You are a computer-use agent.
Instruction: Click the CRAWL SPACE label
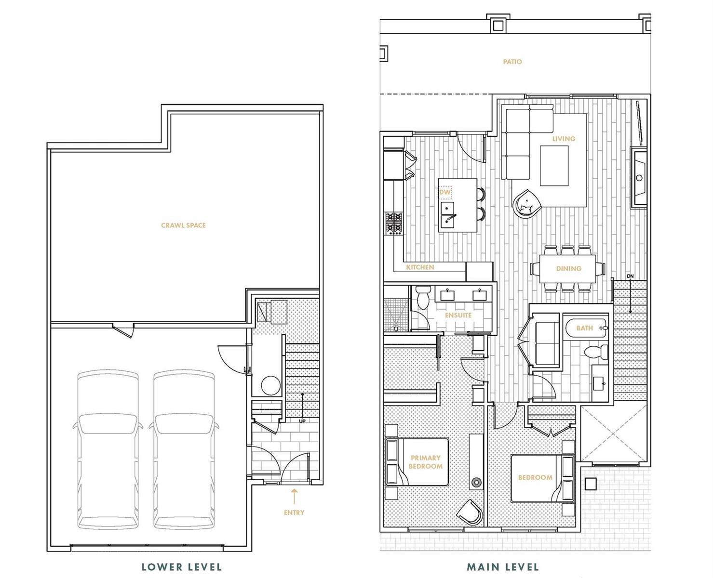point(184,225)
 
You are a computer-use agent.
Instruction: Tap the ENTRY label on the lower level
point(294,512)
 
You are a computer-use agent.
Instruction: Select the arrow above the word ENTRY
point(294,497)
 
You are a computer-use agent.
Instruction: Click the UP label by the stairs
point(302,421)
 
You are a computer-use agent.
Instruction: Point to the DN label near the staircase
point(630,276)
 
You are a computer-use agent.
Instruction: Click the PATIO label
point(512,62)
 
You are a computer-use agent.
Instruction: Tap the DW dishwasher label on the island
point(445,192)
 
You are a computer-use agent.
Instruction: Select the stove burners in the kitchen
point(394,223)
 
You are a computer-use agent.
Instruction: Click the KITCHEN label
point(420,267)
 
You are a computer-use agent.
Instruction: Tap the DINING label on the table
point(568,269)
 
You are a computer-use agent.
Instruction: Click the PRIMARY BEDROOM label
point(426,462)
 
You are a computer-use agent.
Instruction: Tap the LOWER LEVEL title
point(181,558)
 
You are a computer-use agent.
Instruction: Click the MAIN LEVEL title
point(503,558)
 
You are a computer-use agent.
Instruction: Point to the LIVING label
point(564,139)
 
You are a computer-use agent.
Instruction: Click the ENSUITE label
point(458,315)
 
